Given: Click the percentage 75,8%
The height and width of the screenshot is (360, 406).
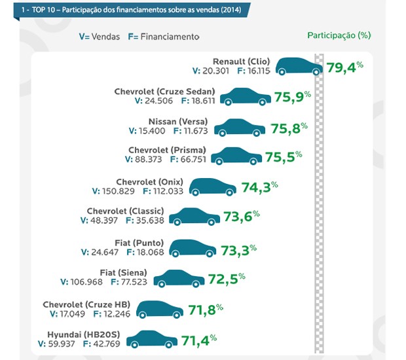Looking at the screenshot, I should coord(288,127).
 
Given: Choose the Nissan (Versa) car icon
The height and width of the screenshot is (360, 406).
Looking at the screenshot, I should coord(240,127).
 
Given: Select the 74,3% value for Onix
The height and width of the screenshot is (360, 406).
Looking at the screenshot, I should coord(260,187).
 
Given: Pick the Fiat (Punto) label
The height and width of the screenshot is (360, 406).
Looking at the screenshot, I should coord(139,242).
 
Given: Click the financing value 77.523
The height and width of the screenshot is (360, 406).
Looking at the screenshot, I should coord(132,282).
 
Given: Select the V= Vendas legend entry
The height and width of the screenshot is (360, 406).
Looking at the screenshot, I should coord(99,37).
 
